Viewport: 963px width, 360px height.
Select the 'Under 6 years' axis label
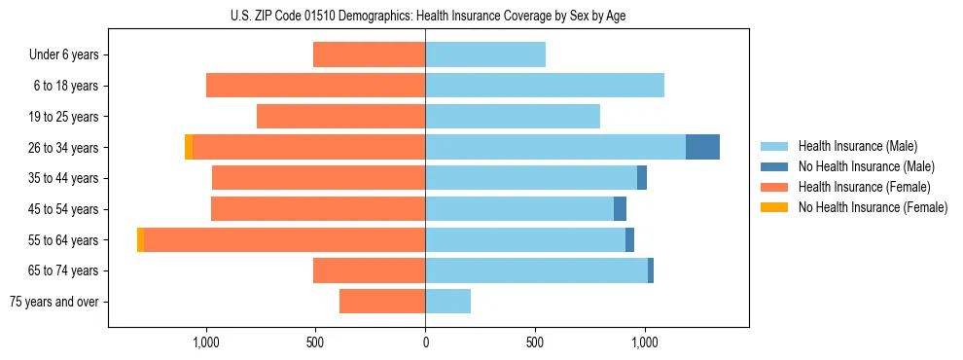(x=64, y=54)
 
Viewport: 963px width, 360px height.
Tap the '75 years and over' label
(x=54, y=302)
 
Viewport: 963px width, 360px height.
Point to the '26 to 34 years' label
(x=63, y=147)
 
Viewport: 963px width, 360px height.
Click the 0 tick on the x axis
(x=425, y=342)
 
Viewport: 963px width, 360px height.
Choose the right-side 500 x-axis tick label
(x=534, y=342)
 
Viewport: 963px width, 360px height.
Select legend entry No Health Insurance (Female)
(x=873, y=207)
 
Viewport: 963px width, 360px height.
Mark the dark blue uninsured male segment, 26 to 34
(x=702, y=147)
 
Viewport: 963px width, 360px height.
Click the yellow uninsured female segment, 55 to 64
(x=141, y=239)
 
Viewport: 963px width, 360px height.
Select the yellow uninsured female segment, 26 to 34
(x=189, y=147)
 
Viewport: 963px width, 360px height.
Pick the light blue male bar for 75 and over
(x=447, y=302)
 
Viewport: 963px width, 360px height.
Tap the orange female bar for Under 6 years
(x=369, y=54)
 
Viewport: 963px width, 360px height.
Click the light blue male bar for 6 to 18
(x=545, y=86)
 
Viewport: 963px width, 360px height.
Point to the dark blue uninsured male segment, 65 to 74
(x=651, y=270)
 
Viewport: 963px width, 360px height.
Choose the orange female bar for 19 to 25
(x=340, y=116)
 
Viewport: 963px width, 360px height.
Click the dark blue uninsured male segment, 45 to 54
(x=620, y=209)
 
